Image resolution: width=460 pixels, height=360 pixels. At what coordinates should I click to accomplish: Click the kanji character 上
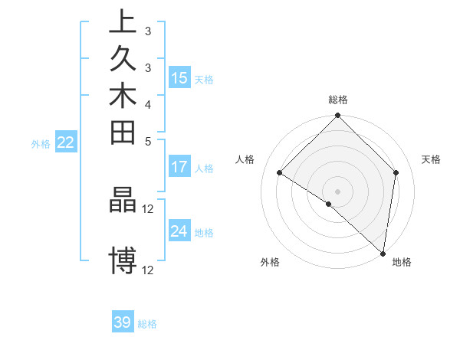coord(123,21)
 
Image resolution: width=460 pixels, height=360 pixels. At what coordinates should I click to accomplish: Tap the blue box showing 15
coord(179,77)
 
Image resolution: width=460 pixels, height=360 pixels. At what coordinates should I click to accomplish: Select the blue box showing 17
coord(179,167)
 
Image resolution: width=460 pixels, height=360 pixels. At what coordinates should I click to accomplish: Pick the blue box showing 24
coord(179,231)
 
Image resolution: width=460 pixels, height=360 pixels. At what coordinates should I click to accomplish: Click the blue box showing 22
coord(66,142)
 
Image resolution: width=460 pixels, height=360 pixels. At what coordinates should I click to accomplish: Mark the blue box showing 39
coord(123,322)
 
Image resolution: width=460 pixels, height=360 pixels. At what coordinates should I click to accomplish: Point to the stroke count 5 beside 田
coord(148,141)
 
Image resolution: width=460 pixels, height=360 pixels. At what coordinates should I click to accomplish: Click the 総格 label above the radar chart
coord(338,100)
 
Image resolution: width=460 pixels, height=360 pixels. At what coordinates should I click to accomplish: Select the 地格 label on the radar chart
coord(402,262)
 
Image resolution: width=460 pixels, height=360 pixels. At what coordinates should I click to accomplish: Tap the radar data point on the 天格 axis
coord(396,172)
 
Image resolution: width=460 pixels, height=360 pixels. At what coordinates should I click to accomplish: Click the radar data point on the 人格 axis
coord(280,173)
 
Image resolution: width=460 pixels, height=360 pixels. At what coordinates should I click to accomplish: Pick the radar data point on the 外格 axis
coord(328,205)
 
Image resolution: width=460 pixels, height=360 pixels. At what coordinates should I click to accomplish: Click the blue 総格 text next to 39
coord(148,324)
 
